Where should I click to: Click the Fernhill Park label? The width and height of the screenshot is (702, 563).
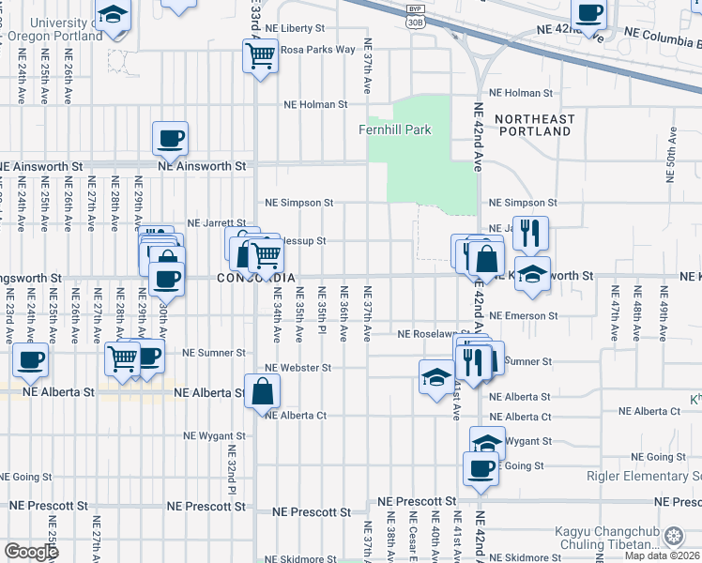(x=394, y=129)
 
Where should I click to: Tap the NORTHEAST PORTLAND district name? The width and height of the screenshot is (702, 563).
(x=533, y=125)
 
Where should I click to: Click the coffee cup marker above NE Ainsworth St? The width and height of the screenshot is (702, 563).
(x=170, y=139)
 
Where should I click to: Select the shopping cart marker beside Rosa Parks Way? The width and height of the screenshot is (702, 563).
(x=260, y=55)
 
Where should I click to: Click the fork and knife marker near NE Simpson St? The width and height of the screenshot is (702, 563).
(x=530, y=234)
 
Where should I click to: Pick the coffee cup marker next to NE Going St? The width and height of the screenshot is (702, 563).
(x=481, y=467)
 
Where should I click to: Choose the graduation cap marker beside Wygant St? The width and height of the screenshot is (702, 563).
(x=486, y=442)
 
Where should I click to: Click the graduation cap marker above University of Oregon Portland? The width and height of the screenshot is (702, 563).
(x=114, y=16)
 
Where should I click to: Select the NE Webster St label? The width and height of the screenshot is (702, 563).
(x=298, y=368)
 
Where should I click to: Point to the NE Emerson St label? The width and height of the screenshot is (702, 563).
(x=523, y=316)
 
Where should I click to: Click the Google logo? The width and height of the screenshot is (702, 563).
(x=32, y=551)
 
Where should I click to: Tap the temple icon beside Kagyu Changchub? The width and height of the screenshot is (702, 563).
(x=673, y=537)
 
